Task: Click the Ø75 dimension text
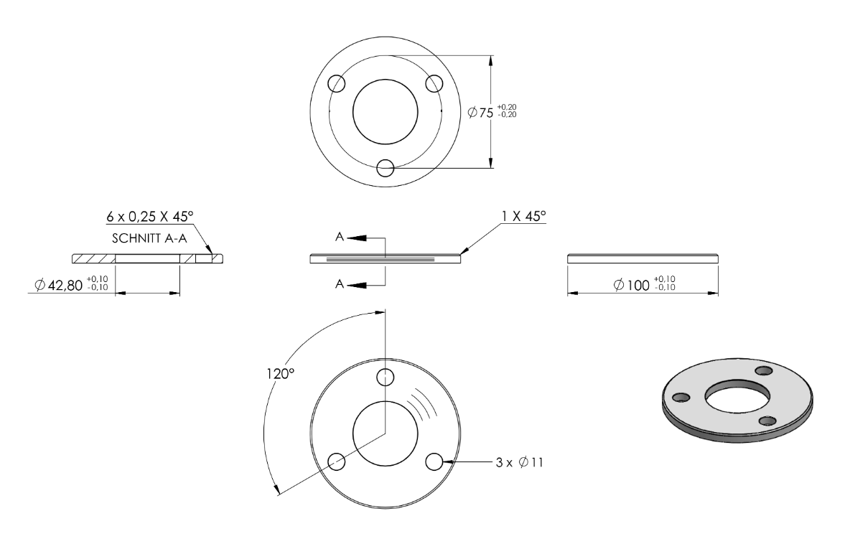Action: click(480, 112)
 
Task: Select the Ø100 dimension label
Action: click(631, 284)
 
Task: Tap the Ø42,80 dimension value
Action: click(59, 284)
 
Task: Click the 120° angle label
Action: click(280, 374)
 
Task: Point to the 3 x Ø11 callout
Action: click(519, 462)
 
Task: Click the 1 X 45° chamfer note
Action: click(523, 215)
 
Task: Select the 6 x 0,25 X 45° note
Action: click(149, 217)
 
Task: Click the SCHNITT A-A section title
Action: click(149, 238)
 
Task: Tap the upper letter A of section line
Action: click(340, 237)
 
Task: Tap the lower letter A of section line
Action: click(340, 284)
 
